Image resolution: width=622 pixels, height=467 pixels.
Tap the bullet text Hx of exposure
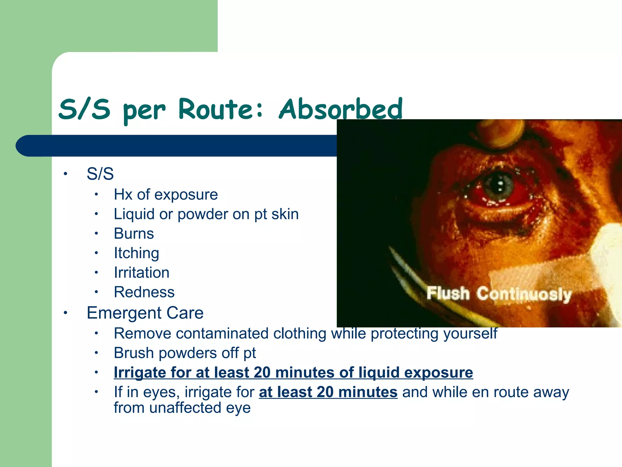pyautogui.click(x=166, y=195)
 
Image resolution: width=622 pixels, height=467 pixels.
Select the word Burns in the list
pyautogui.click(x=134, y=234)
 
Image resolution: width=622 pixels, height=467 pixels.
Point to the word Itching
pyautogui.click(x=136, y=253)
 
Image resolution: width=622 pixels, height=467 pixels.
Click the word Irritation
pyautogui.click(x=142, y=273)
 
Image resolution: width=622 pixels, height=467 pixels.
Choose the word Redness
pyautogui.click(x=144, y=292)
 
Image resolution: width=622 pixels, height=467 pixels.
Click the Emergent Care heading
pyautogui.click(x=145, y=313)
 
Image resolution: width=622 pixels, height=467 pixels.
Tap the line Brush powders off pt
pyautogui.click(x=185, y=353)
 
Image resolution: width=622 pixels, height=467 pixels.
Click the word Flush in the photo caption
pyautogui.click(x=448, y=293)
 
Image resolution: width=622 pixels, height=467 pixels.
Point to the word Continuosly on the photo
pyautogui.click(x=524, y=294)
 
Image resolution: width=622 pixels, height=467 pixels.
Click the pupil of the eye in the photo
pyautogui.click(x=499, y=184)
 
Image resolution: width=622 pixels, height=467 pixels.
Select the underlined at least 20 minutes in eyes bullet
pyautogui.click(x=328, y=392)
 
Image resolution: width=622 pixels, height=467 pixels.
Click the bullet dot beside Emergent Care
pyautogui.click(x=65, y=313)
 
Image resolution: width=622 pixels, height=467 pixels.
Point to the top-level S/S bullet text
pyautogui.click(x=100, y=174)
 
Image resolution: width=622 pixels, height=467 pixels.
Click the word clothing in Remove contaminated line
pyautogui.click(x=299, y=334)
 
